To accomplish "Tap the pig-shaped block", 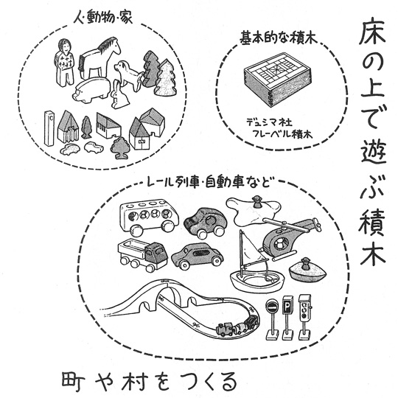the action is [x=91, y=90].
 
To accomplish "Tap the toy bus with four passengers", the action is [x=148, y=217].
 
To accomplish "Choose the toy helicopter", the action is [x=290, y=237].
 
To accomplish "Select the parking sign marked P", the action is [x=287, y=317].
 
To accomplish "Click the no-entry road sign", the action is [x=272, y=318].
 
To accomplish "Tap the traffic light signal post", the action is [x=304, y=317].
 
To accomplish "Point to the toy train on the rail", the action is [x=237, y=327].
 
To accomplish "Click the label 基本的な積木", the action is [x=279, y=38].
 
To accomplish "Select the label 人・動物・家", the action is [x=102, y=18].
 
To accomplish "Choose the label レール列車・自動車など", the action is [x=208, y=182].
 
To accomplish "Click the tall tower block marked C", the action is [x=49, y=128].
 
